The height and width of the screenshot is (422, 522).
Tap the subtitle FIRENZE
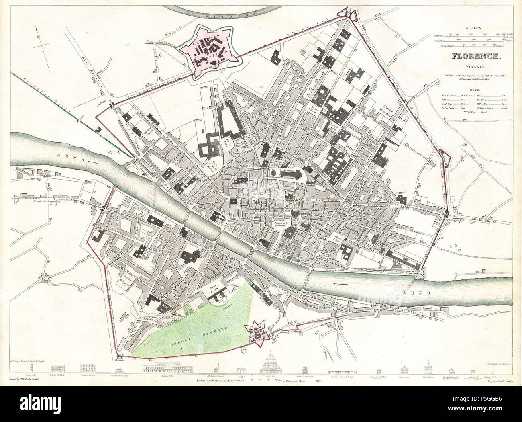point(475,67)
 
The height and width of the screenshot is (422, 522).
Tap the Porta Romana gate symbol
point(119,357)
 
